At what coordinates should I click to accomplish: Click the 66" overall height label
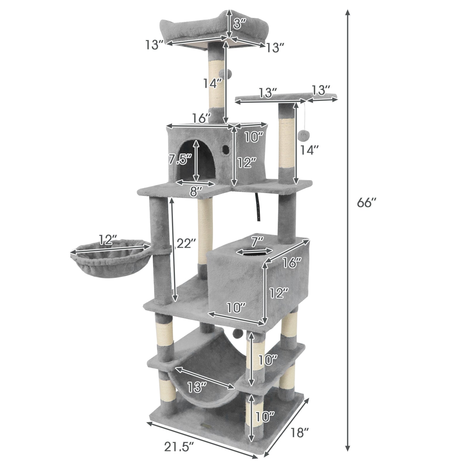(366, 202)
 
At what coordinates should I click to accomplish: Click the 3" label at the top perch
(240, 24)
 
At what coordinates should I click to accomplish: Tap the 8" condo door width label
(196, 192)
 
